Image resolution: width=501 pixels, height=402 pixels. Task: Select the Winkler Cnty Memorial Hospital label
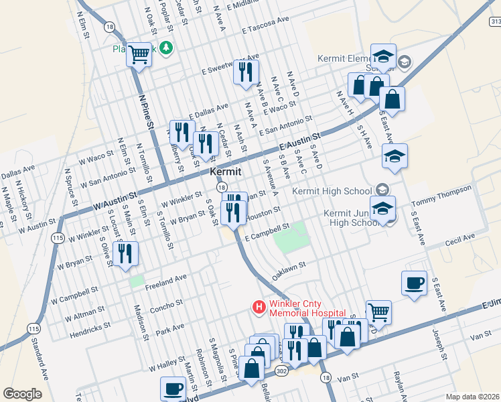[x=307, y=308]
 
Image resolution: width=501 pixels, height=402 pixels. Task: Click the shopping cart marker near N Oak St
[x=139, y=54]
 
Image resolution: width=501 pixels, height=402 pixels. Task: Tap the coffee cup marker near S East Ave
[x=413, y=283]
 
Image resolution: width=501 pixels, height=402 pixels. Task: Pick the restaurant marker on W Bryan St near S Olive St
[x=125, y=254]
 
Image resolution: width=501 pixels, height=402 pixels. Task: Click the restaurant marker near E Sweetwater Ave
[x=246, y=71]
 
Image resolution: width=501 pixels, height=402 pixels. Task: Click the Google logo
[x=21, y=394]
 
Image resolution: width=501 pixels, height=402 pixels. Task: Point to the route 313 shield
[x=495, y=21]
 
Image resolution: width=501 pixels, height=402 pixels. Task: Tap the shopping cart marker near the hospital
[x=378, y=312]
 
